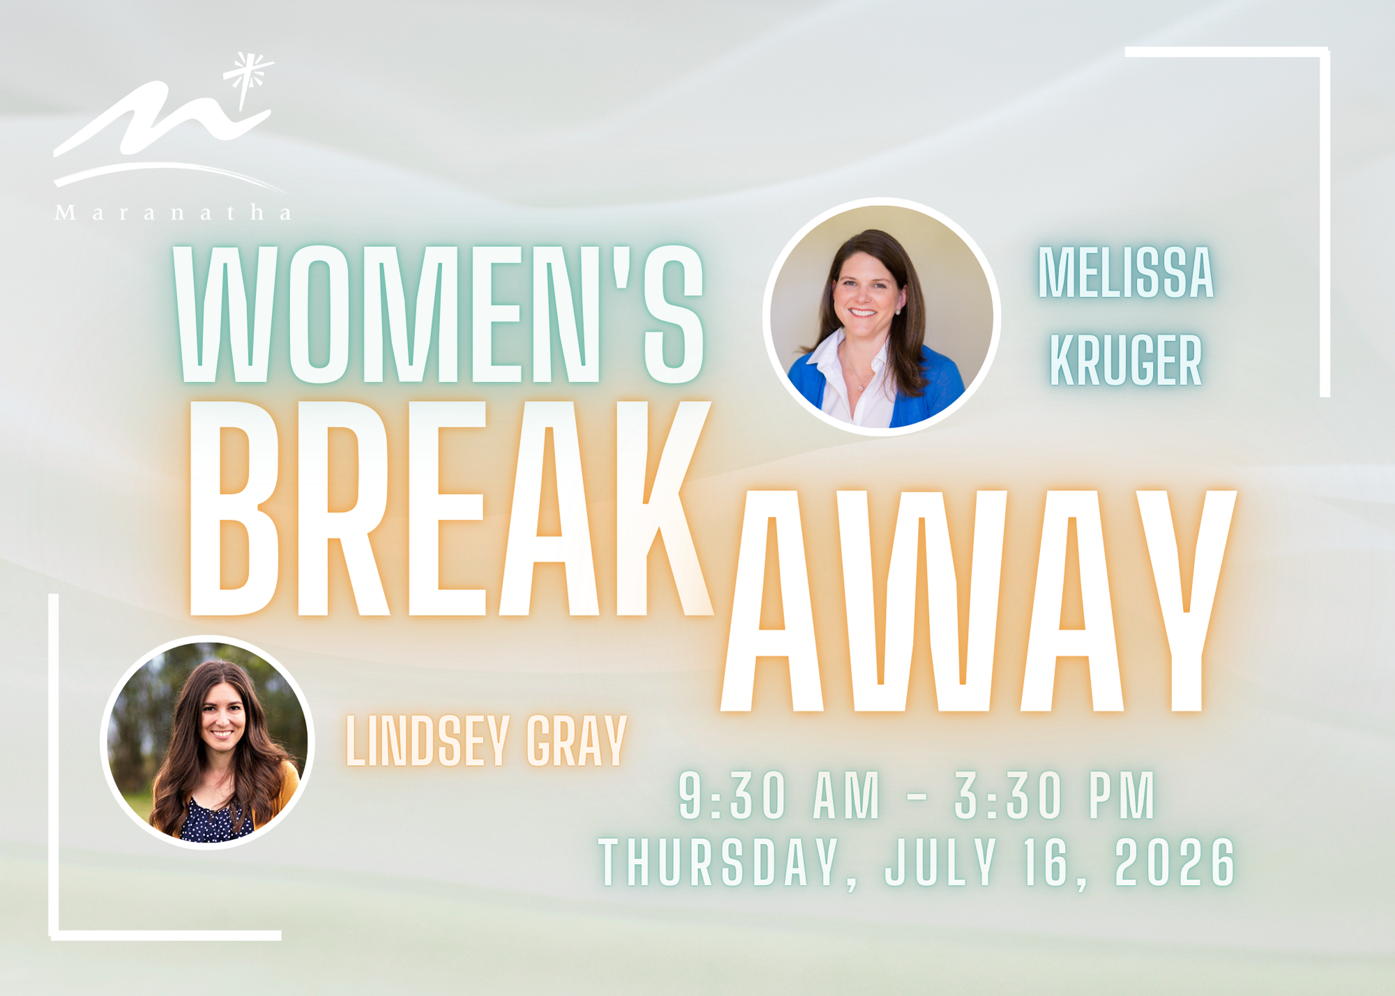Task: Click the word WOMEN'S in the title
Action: pos(439,314)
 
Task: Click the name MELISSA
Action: pos(1126,273)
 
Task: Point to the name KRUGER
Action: pos(1126,360)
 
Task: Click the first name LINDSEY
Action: pos(428,741)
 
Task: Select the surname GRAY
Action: pos(576,741)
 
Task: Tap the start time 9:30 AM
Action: pos(779,795)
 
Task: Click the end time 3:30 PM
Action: pos(1055,795)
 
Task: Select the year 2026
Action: pos(1175,862)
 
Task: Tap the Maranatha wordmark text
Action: pos(173,213)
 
